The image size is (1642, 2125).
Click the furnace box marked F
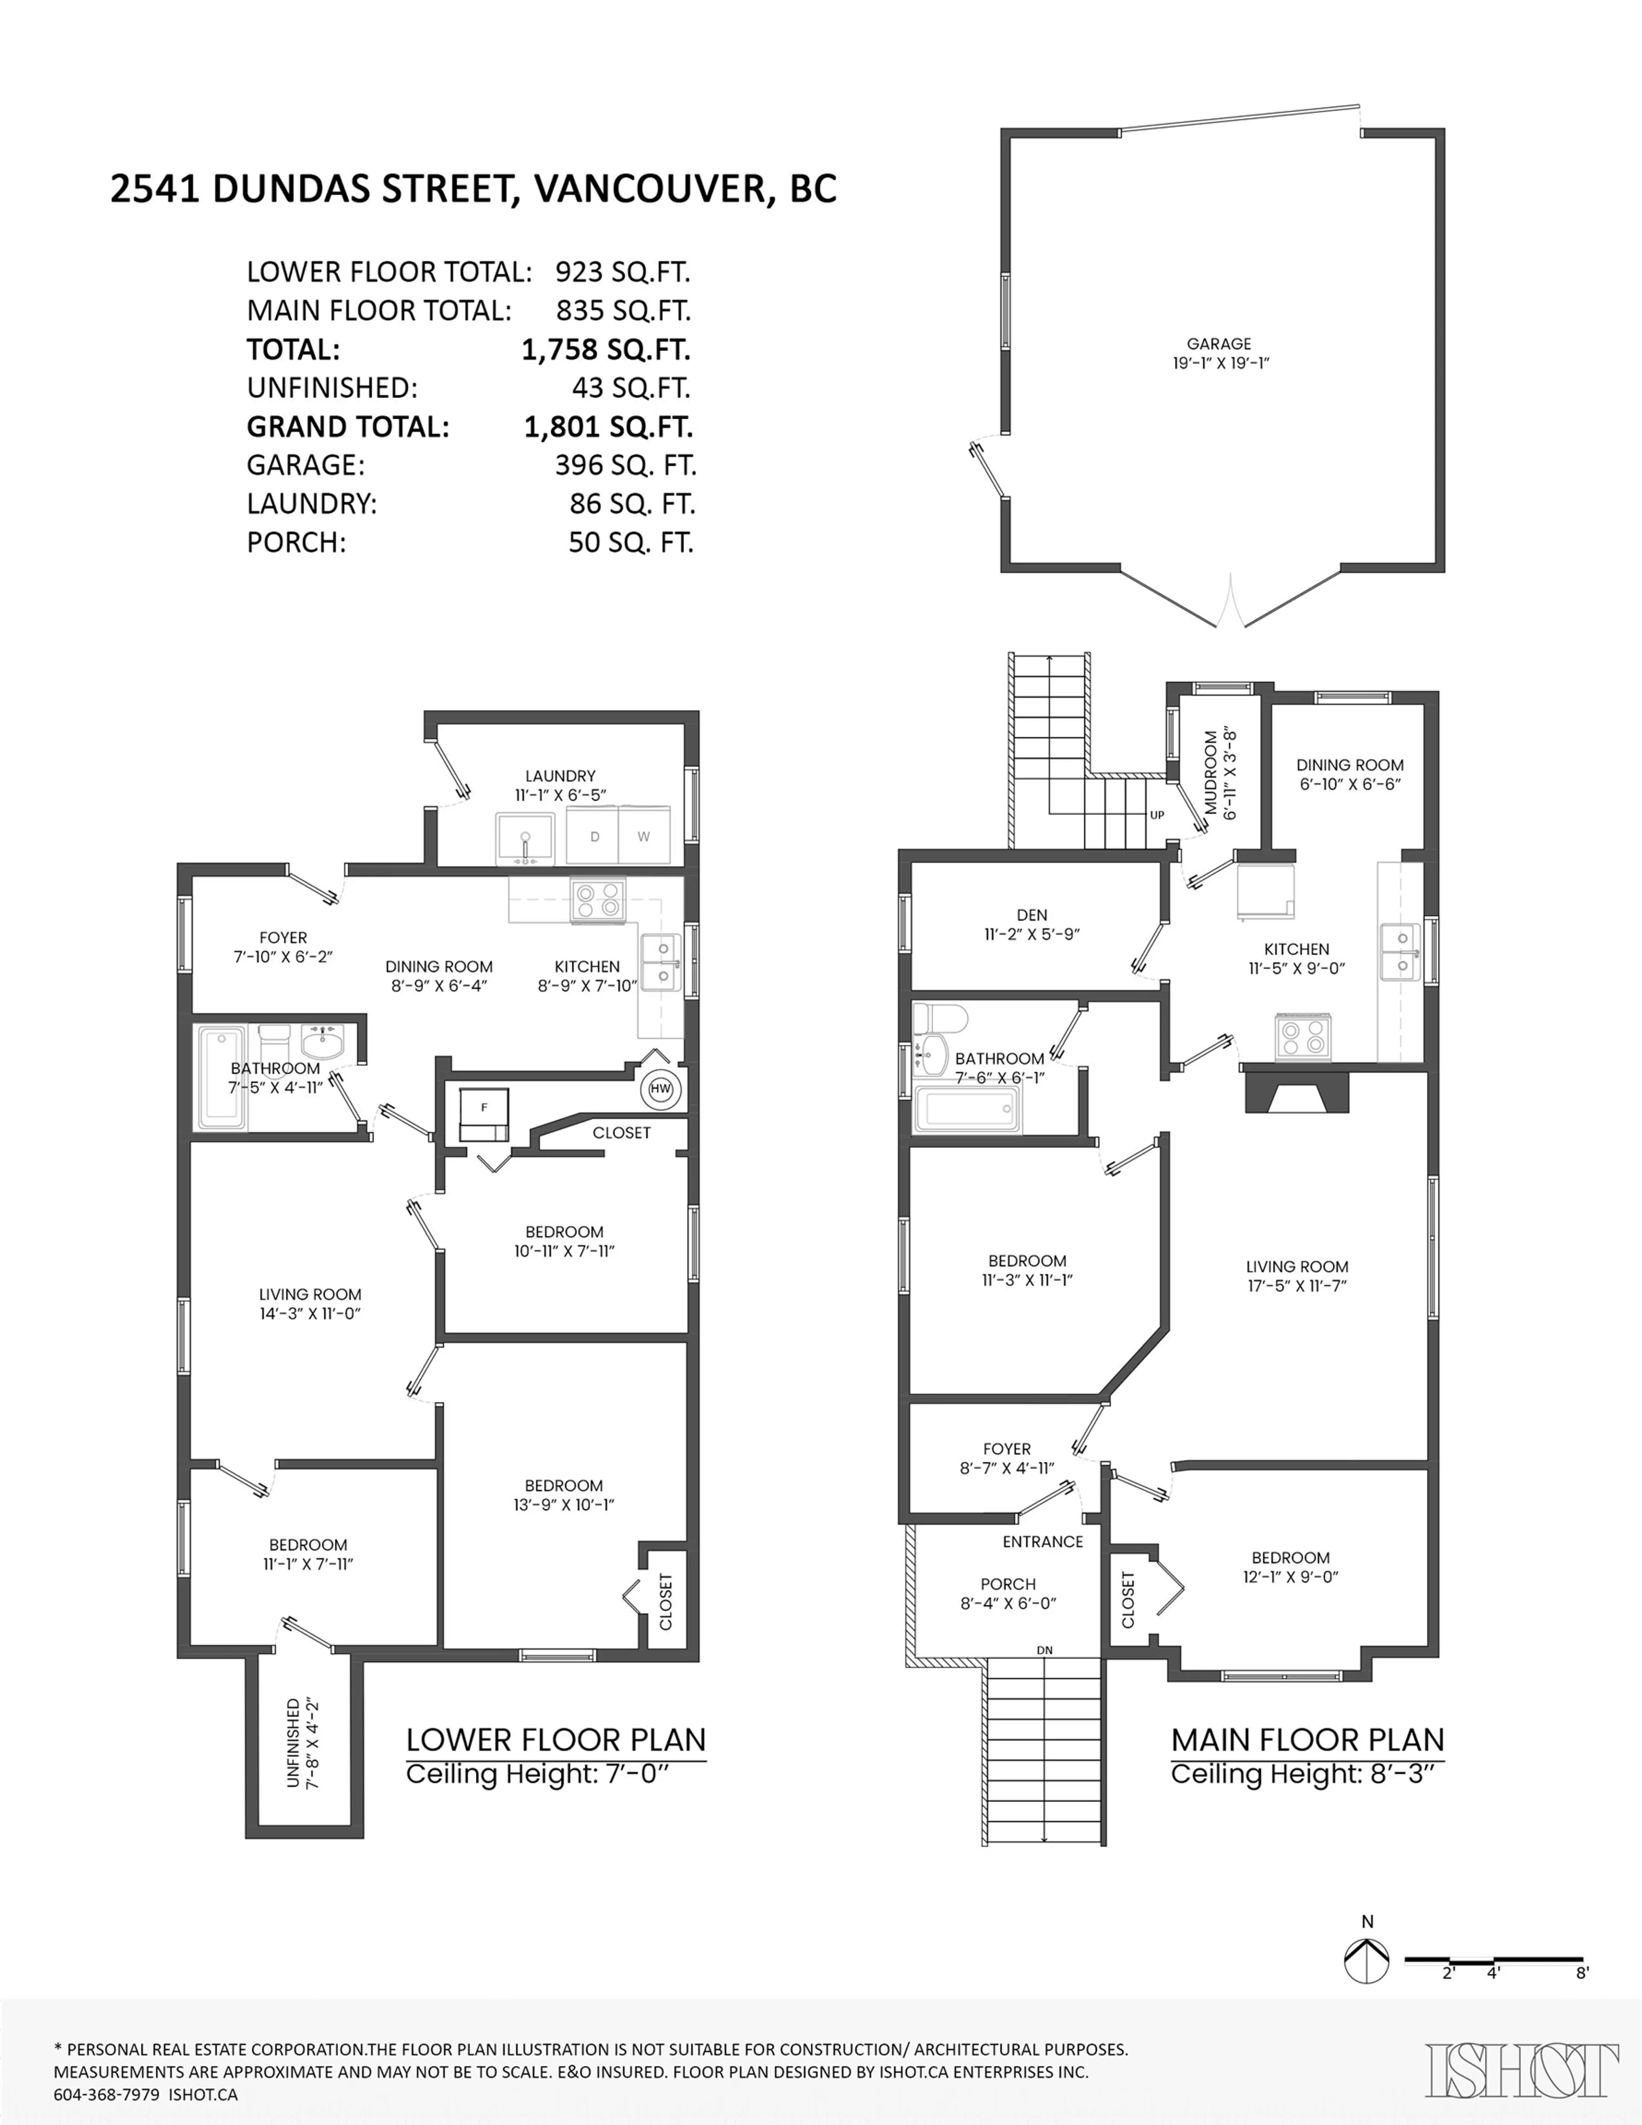coord(484,1114)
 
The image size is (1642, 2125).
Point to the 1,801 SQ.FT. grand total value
coord(607,427)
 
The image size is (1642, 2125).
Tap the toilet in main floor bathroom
coord(939,1020)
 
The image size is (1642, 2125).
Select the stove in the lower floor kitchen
coord(598,899)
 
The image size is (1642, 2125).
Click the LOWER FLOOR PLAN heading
coord(556,1740)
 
